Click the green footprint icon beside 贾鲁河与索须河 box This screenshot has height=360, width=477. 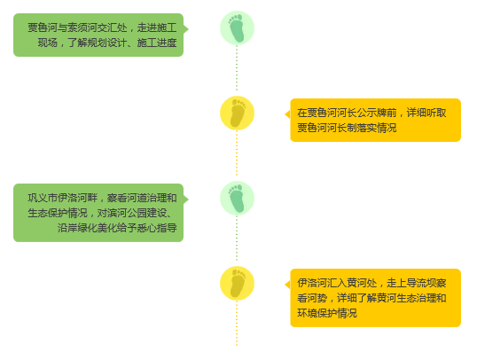(x=237, y=28)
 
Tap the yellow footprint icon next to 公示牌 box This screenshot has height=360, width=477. (x=237, y=113)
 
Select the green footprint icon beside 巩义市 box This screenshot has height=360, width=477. (x=237, y=199)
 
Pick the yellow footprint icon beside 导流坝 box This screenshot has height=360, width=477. (x=237, y=284)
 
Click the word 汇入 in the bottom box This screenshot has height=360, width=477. (x=337, y=284)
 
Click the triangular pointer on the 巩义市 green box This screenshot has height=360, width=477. (x=186, y=200)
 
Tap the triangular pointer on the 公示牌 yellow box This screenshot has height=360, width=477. (x=287, y=114)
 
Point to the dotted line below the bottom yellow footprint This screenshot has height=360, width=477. (x=237, y=323)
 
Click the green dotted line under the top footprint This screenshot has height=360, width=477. (x=237, y=68)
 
